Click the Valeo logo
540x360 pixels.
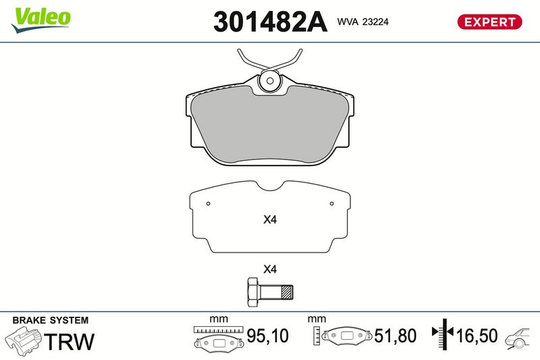pos(40,20)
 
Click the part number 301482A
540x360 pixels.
pos(270,22)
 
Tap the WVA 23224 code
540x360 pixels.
pos(362,22)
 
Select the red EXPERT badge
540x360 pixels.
pos(489,22)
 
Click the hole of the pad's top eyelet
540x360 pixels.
pos(270,81)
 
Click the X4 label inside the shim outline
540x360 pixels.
pos(270,220)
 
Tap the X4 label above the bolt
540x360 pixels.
pos(270,269)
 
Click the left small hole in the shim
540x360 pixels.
pos(208,203)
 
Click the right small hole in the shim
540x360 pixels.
pos(331,203)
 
